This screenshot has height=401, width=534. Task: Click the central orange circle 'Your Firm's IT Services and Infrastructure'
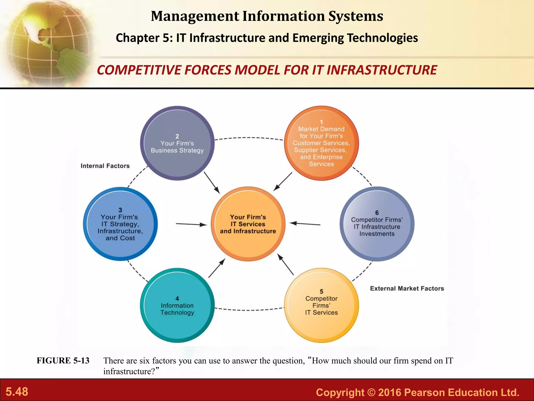(x=248, y=224)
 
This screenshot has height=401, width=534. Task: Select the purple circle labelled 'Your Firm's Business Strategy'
(x=177, y=143)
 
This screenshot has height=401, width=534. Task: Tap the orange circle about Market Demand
(x=321, y=143)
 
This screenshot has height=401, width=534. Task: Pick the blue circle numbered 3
(x=120, y=224)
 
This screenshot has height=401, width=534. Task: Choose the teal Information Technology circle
(x=177, y=305)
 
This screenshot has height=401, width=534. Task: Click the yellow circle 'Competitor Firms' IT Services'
(x=321, y=305)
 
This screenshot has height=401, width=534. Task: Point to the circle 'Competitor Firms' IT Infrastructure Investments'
(x=377, y=224)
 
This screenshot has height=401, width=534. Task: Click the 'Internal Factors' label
(x=105, y=166)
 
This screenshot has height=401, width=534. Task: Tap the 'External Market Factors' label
(x=407, y=288)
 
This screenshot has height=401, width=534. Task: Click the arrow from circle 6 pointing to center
(x=305, y=224)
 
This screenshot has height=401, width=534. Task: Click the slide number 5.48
(x=17, y=392)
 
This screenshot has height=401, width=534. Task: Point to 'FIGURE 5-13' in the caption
(x=63, y=361)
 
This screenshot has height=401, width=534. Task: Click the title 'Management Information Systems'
(x=267, y=16)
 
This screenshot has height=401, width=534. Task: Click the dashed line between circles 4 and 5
(x=249, y=310)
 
